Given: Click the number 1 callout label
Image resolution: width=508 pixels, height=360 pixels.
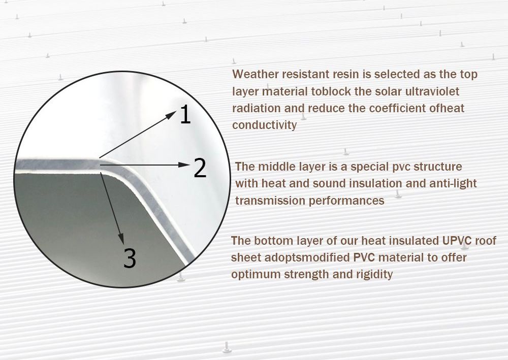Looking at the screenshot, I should tap(185, 115).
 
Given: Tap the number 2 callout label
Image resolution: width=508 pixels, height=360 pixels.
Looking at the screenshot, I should tap(200, 168).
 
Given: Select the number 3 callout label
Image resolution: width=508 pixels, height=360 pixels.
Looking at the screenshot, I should tap(130, 258).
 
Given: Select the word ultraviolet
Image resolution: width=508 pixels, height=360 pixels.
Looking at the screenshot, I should tap(440, 91).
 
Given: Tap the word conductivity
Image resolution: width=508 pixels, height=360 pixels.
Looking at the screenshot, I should tap(264, 125).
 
